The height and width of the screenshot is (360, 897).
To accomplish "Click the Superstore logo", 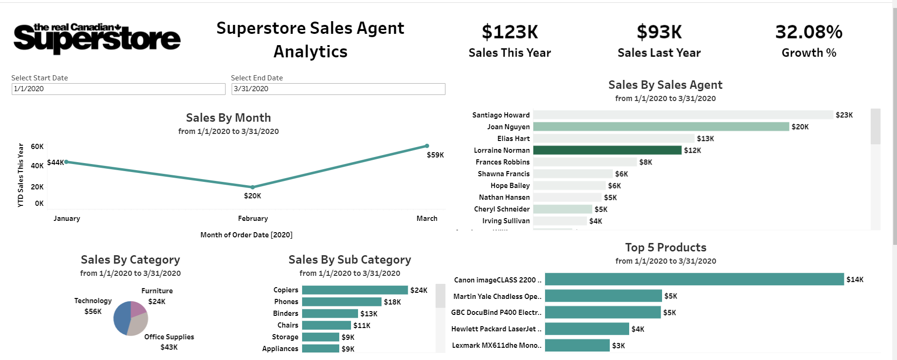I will (x=97, y=38).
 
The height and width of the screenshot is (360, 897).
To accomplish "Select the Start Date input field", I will (x=118, y=89).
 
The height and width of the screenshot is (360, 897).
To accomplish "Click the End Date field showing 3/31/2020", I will (x=338, y=89).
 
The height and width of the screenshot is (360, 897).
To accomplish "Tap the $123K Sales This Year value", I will (x=510, y=32).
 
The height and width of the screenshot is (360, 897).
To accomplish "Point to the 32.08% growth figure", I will (x=809, y=32).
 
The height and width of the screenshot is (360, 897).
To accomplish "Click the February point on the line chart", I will (x=253, y=187).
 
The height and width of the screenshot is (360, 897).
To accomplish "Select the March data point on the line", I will (x=427, y=146).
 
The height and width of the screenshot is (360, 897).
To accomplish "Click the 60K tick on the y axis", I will (x=37, y=147).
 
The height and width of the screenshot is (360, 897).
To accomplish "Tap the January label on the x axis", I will (x=67, y=219).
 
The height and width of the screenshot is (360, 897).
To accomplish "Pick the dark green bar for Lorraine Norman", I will (x=607, y=150).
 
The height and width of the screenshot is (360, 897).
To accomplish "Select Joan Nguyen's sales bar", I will (x=661, y=127).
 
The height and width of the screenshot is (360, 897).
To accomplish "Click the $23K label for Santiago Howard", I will (x=844, y=115).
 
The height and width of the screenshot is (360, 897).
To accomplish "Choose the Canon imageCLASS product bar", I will (x=694, y=280).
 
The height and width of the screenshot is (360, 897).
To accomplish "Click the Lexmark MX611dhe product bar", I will (x=577, y=345).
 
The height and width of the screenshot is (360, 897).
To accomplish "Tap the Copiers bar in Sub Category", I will (x=355, y=290).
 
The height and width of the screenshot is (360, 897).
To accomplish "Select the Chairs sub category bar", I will (x=327, y=325).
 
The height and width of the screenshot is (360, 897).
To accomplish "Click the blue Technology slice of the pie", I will (x=121, y=317).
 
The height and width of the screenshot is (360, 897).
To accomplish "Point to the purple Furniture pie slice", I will (x=138, y=308).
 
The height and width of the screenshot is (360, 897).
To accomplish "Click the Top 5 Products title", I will (x=665, y=248).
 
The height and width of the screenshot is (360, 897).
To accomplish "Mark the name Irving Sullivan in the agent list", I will (x=506, y=221).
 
